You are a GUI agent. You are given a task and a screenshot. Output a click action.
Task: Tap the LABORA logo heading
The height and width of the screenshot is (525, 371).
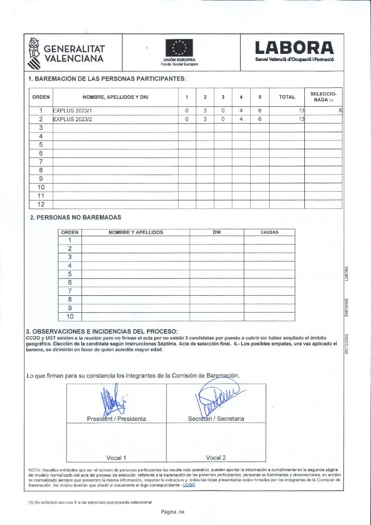pyautogui.click(x=295, y=48)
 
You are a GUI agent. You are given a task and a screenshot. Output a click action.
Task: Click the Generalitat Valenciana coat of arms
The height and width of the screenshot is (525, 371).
pyautogui.click(x=34, y=53)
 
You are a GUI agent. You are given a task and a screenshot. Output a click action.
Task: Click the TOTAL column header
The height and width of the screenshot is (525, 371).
pyautogui.click(x=286, y=97)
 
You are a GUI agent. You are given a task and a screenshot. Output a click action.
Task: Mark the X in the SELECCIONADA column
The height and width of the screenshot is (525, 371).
pyautogui.click(x=340, y=111)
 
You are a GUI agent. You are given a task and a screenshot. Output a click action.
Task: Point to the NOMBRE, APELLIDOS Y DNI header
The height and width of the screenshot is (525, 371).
pyautogui.click(x=115, y=97)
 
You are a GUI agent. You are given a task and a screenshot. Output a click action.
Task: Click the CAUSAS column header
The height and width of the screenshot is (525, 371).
pyautogui.click(x=269, y=232)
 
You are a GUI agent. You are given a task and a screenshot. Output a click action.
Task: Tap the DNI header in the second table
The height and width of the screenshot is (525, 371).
pyautogui.click(x=216, y=232)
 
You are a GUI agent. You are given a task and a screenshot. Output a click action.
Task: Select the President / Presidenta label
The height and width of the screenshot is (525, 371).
pyautogui.click(x=116, y=419)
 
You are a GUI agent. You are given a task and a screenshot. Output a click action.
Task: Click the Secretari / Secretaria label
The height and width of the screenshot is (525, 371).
pyautogui.click(x=216, y=419)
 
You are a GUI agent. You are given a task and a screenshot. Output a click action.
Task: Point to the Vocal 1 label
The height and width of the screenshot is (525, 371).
pyautogui.click(x=116, y=457)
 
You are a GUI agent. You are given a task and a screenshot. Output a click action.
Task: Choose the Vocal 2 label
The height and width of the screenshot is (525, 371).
pyautogui.click(x=216, y=457)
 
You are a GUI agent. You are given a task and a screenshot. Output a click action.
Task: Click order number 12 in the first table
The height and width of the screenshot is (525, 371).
pyautogui.click(x=41, y=204)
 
